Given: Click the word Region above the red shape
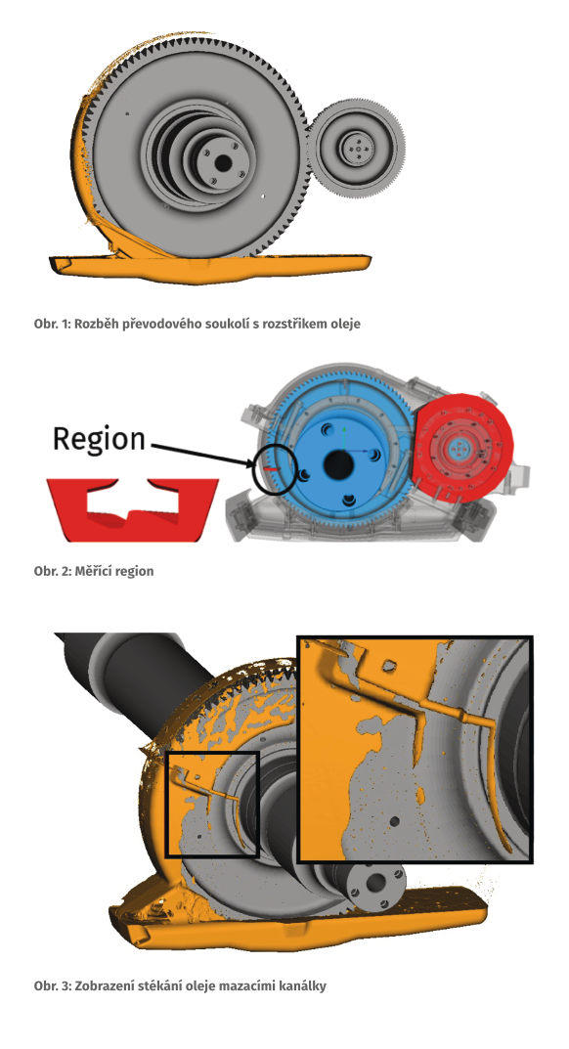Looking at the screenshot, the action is click(x=99, y=440).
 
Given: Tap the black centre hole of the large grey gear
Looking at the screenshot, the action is click(x=222, y=162).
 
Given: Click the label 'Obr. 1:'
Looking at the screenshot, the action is click(x=52, y=324).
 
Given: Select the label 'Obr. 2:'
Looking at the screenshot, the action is click(x=53, y=571).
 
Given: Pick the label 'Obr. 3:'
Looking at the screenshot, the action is click(x=53, y=986).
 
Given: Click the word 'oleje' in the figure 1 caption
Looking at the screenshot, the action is click(x=346, y=325).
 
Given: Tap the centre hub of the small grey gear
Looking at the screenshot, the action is click(x=358, y=147).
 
